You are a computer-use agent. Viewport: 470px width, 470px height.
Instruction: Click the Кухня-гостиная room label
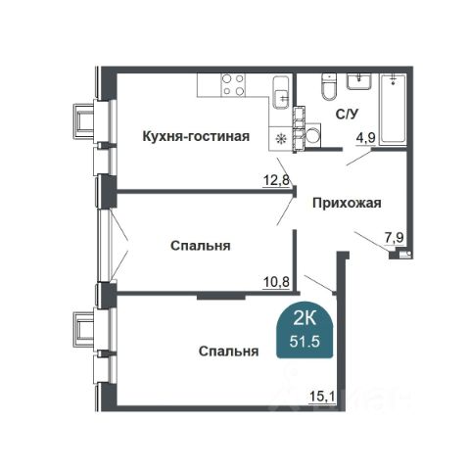click(x=196, y=136)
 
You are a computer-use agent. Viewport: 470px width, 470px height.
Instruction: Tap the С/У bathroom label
click(x=347, y=115)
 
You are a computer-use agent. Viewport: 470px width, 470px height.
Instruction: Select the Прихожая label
click(x=347, y=203)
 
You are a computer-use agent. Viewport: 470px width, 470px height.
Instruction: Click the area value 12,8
click(x=276, y=180)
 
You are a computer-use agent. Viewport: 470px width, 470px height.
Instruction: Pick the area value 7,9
click(x=395, y=238)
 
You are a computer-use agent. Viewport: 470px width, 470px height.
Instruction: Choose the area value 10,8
click(x=276, y=282)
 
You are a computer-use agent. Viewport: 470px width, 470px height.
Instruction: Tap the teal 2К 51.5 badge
click(x=305, y=330)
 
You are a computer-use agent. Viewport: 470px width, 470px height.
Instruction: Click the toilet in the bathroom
click(x=328, y=87)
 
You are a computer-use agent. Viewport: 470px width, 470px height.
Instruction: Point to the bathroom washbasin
click(x=359, y=81)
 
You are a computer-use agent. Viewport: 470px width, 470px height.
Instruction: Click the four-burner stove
click(x=233, y=85)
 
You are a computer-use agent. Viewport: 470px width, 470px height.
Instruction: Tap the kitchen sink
click(x=281, y=93)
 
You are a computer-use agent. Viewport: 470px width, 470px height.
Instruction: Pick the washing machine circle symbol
click(x=313, y=136)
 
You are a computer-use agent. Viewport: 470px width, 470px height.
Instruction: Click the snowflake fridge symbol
click(x=280, y=139)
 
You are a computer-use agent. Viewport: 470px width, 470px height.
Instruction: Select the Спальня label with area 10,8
click(x=200, y=246)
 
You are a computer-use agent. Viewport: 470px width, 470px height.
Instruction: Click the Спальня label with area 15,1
click(x=228, y=352)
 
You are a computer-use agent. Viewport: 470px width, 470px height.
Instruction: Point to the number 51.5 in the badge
click(x=305, y=342)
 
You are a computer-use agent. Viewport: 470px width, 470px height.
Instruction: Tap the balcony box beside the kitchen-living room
click(x=83, y=120)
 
